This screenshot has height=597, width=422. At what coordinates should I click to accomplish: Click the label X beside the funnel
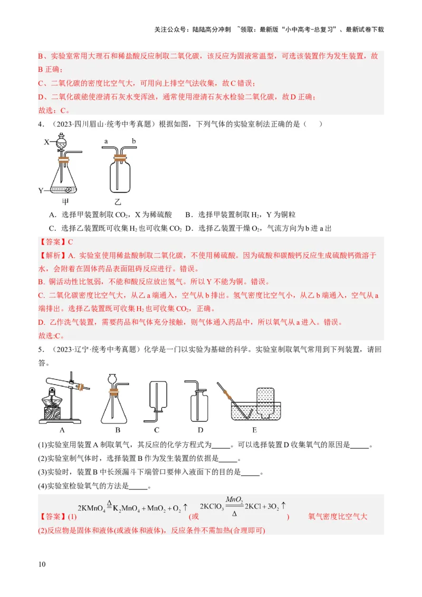tap(46, 142)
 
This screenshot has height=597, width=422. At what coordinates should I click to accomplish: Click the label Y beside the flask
tap(41, 190)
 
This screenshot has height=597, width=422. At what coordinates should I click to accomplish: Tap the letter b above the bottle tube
tap(134, 141)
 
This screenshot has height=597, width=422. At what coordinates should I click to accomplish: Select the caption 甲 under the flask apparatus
tap(65, 201)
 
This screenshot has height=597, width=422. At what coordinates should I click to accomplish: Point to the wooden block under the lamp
tap(53, 411)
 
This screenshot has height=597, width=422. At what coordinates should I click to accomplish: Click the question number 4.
tap(40, 124)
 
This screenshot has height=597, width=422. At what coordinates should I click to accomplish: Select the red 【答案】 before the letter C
tap(53, 242)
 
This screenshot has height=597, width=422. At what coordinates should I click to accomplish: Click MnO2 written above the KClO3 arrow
tap(234, 499)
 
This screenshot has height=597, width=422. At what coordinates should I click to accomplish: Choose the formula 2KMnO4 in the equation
tap(91, 509)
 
